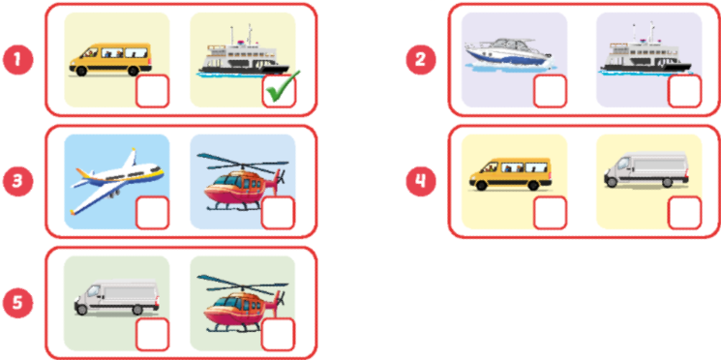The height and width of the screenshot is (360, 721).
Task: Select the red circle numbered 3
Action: click(17, 180)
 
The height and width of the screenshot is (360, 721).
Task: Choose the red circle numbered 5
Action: click(17, 302)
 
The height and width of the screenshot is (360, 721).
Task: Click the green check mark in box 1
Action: click(280, 92)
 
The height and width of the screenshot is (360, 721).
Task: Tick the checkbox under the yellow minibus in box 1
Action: click(153, 92)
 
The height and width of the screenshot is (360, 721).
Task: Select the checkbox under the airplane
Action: click(153, 213)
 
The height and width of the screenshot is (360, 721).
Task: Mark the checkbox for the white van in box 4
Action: click(684, 213)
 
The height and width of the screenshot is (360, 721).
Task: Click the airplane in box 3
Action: click(117, 178)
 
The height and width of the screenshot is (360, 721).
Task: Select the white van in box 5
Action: click(116, 297)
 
